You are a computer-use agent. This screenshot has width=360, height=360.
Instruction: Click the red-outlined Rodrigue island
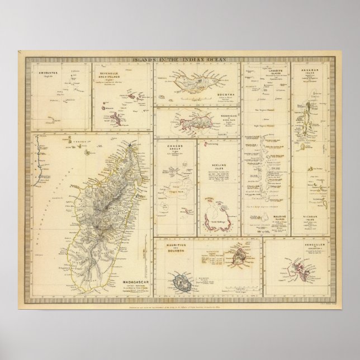190,120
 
